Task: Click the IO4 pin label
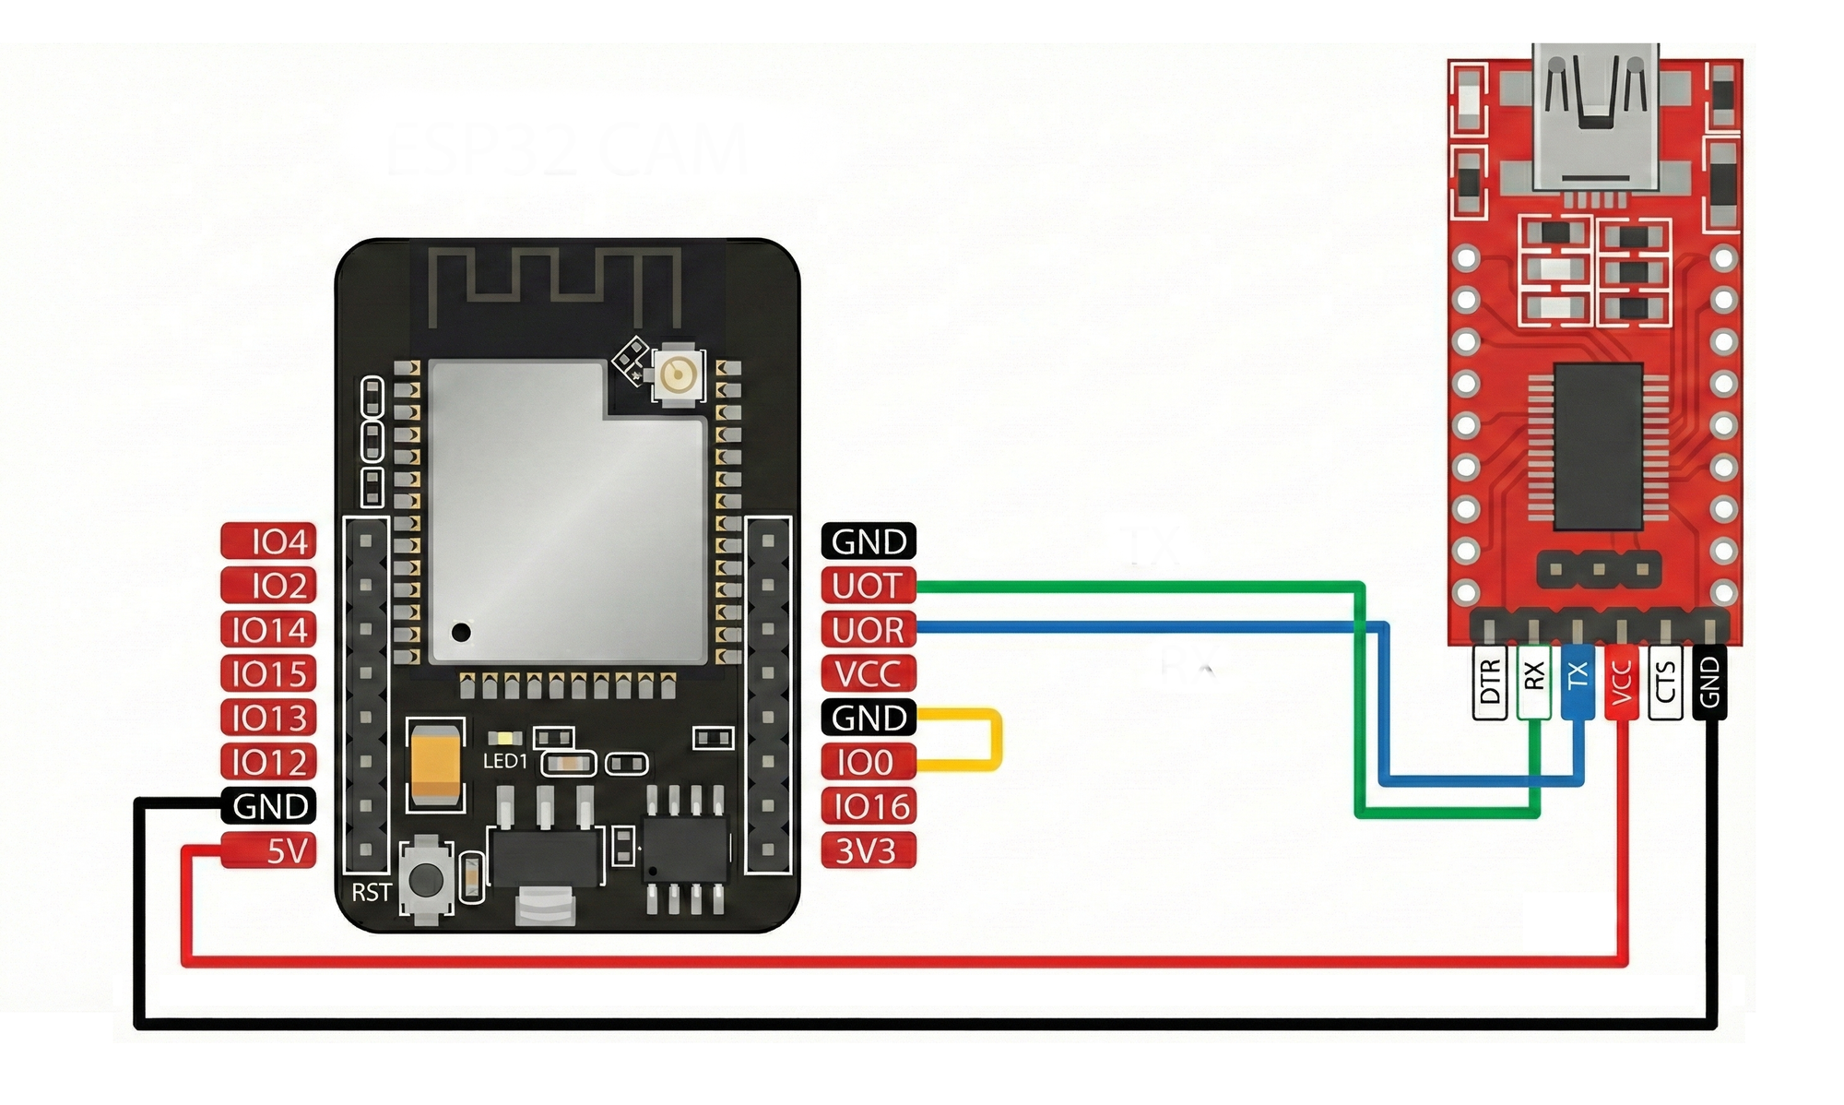[269, 541]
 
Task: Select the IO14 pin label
[269, 630]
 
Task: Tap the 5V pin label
[269, 850]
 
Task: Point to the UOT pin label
[868, 586]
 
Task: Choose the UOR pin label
[868, 630]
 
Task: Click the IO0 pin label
[868, 763]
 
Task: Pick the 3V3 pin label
[868, 850]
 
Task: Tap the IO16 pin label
[868, 807]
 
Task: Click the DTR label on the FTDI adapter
[1489, 682]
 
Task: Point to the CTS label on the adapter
[1665, 682]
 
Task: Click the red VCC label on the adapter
[1622, 682]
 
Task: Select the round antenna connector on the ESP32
[678, 374]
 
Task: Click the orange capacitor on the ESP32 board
[434, 765]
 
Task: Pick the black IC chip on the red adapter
[1599, 446]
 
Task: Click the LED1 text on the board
[505, 762]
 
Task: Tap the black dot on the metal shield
[461, 633]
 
